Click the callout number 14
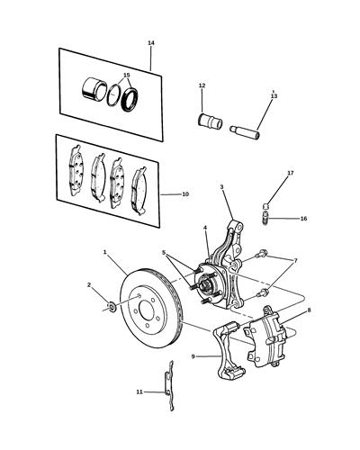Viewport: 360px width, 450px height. pos(151,43)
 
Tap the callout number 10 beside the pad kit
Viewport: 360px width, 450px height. pos(185,194)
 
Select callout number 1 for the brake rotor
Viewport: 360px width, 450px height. pos(105,252)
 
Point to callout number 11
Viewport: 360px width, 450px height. pos(139,391)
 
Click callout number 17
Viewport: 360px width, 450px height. pos(291,173)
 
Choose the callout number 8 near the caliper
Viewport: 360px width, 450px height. pos(310,310)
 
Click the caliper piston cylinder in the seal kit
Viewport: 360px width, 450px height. pos(94,88)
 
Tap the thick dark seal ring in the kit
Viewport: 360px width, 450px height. pos(130,99)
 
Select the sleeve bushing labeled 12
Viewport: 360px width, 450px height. pos(210,121)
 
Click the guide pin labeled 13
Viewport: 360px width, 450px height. pos(246,132)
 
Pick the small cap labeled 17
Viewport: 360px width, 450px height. pos(265,206)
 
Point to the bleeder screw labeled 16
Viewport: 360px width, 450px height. pos(265,219)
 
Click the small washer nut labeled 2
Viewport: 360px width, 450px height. pos(112,307)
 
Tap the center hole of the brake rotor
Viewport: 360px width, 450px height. pos(146,310)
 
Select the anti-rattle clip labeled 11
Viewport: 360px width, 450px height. pos(169,385)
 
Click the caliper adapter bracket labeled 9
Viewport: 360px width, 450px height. pos(228,351)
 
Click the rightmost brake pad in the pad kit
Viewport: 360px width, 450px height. pos(139,191)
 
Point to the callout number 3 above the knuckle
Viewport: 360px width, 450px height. pos(221,187)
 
